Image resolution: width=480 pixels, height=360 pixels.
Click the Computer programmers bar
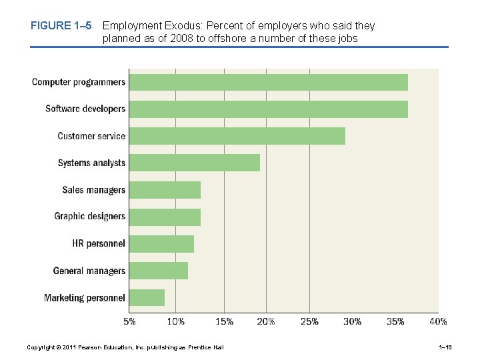click(268, 82)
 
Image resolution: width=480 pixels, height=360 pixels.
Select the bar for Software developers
click(268, 109)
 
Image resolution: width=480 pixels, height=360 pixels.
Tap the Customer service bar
click(237, 136)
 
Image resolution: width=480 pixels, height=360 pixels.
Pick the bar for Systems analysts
click(194, 163)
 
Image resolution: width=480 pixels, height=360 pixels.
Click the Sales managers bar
click(165, 190)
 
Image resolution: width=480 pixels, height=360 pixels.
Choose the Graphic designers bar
click(165, 217)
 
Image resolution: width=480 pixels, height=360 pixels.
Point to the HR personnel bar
click(161, 244)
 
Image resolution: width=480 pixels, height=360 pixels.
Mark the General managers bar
click(158, 271)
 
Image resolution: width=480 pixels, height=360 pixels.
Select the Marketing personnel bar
click(147, 297)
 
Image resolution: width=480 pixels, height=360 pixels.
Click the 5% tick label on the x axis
click(130, 321)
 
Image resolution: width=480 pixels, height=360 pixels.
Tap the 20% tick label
click(265, 321)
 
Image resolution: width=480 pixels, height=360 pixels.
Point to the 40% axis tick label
click(438, 321)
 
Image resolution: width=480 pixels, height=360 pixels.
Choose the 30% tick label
click(352, 321)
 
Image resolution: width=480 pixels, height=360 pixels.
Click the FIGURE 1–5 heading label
click(61, 26)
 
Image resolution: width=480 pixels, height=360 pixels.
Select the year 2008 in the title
click(183, 39)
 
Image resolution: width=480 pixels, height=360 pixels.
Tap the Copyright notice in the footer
click(125, 347)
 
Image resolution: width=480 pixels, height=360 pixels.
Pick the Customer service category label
click(91, 136)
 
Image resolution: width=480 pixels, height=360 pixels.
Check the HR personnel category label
click(99, 244)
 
